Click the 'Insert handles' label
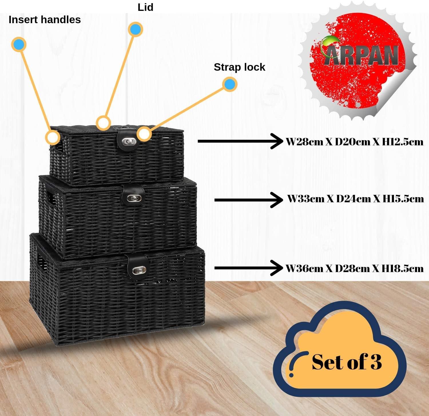45,20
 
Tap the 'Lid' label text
145,7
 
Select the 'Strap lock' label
239,67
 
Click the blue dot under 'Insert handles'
19,44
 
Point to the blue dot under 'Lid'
136,29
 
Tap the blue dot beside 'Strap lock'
230,84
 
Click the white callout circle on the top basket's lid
103,123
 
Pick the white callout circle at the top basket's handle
53,137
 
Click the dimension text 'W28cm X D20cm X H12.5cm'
354,142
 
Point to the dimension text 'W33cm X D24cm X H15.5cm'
355,199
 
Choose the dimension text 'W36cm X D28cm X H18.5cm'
354,268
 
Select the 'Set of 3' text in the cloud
347,362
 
